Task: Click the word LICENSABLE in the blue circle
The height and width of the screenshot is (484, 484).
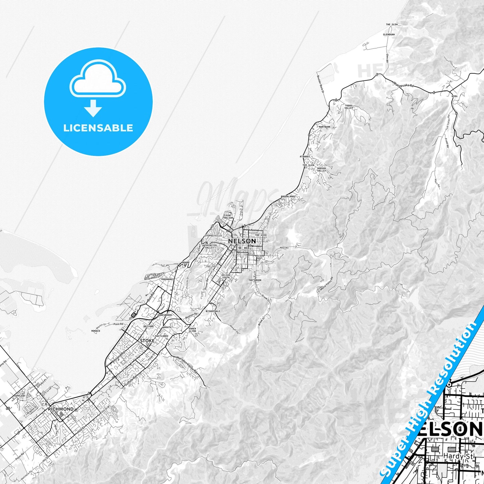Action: point(98,128)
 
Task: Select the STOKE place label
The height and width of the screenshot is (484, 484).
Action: point(147,341)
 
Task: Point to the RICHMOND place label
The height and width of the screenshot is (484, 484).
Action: point(61,409)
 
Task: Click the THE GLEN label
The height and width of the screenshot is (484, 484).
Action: point(392,24)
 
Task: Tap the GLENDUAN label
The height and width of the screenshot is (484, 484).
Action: point(389,34)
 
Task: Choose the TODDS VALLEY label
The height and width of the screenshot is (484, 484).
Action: point(349,107)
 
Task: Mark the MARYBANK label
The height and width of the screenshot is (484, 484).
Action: point(325,127)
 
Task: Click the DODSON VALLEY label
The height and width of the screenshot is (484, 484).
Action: point(321,169)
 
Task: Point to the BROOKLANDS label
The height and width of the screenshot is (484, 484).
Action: point(288,196)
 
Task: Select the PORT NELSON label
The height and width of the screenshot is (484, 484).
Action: point(228,217)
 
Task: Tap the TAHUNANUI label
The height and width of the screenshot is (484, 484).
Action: point(167,279)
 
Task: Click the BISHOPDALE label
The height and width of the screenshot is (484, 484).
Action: point(213,311)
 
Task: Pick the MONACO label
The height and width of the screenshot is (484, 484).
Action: point(95,331)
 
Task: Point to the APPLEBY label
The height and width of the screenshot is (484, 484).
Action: point(20,396)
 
